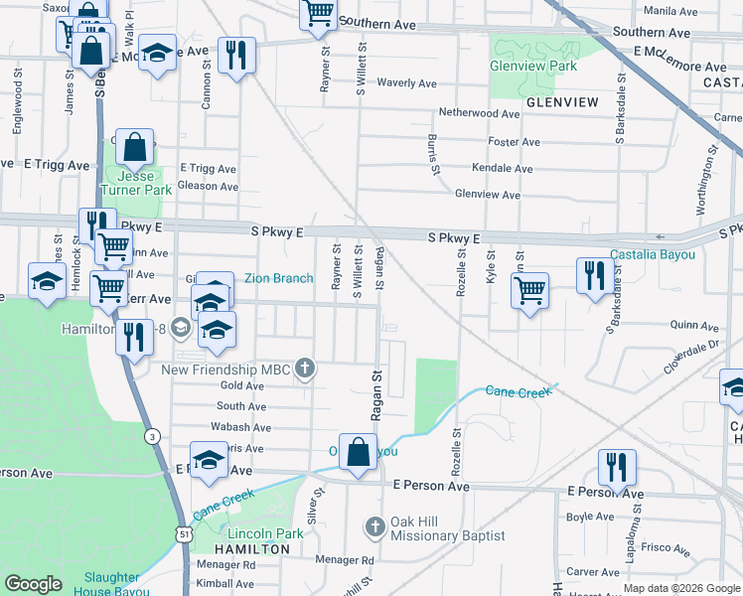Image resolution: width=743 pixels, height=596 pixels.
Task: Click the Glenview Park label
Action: coord(532,66)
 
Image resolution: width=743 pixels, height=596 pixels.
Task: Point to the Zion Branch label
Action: coord(279,279)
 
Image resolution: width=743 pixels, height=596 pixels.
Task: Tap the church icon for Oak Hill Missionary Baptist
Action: coord(374,525)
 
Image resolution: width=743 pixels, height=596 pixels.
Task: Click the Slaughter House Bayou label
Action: coord(110,584)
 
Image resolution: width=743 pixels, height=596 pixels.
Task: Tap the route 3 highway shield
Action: coord(151,435)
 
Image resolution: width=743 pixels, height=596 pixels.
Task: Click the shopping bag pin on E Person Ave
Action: coord(358,453)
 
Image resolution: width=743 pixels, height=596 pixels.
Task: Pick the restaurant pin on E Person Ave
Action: coord(617,467)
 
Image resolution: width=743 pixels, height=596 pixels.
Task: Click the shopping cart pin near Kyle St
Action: coord(529,291)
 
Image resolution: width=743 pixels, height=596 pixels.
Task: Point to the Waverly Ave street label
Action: coord(407,83)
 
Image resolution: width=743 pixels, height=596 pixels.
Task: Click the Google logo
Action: coord(33,584)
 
